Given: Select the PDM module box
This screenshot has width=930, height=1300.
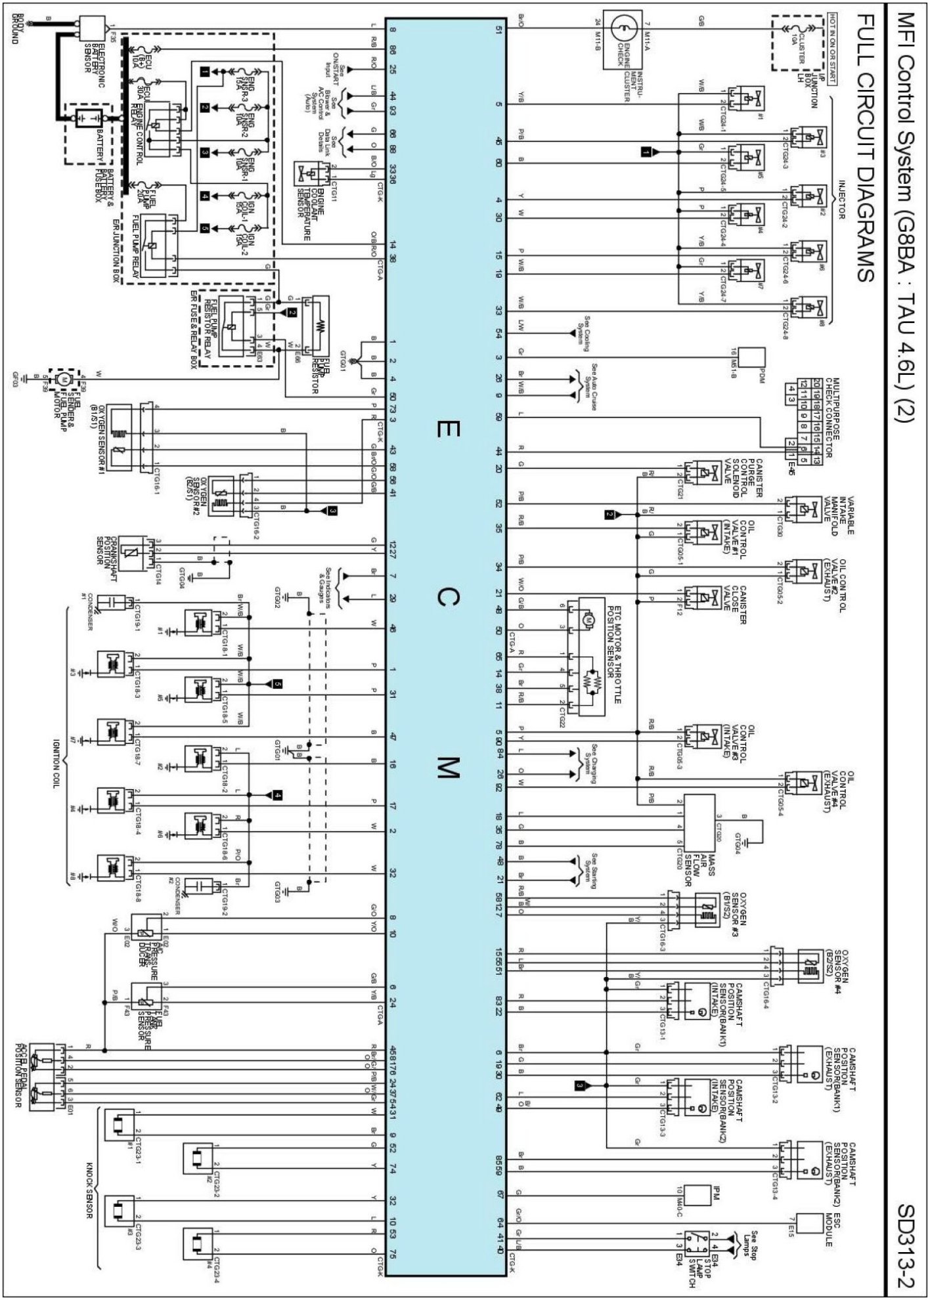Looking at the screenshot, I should pos(753,358).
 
